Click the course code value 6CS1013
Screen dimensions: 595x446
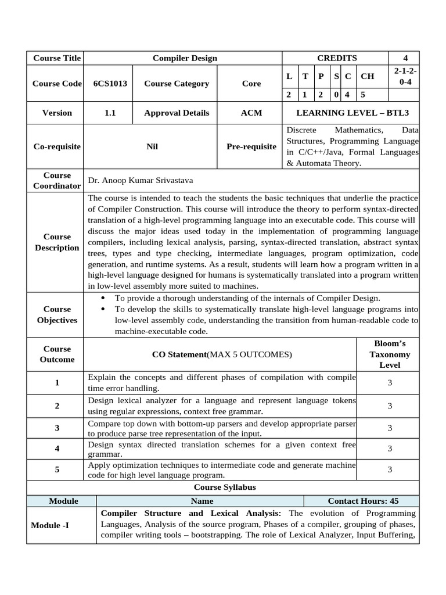point(110,84)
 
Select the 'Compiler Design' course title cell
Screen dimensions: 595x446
point(185,58)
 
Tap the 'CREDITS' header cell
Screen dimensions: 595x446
point(337,58)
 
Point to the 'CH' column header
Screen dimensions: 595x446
point(368,76)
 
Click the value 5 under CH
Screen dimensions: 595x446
point(362,95)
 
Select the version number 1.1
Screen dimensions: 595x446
point(110,113)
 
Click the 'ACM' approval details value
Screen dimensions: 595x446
point(251,113)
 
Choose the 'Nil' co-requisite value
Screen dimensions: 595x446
point(152,147)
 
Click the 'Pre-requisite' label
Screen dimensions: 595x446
point(251,147)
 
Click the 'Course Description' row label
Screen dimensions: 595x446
point(57,242)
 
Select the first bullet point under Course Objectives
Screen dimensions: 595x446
point(247,298)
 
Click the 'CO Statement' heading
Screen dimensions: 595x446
point(221,354)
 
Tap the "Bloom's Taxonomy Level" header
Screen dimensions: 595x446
point(390,354)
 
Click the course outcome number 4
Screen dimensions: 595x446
point(57,449)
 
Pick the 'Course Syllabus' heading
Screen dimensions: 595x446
point(224,488)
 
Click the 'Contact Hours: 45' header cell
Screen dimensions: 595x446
point(363,501)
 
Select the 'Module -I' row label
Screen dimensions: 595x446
point(50,525)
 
